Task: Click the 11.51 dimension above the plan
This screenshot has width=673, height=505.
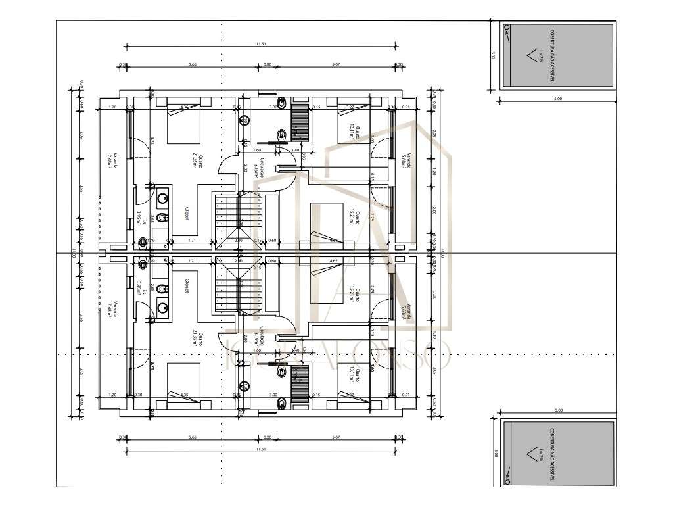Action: click(261, 43)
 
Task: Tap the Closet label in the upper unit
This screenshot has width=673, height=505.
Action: click(187, 213)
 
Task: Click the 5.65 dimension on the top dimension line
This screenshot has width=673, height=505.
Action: click(193, 64)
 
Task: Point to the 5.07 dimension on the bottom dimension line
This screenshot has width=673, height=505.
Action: click(336, 436)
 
